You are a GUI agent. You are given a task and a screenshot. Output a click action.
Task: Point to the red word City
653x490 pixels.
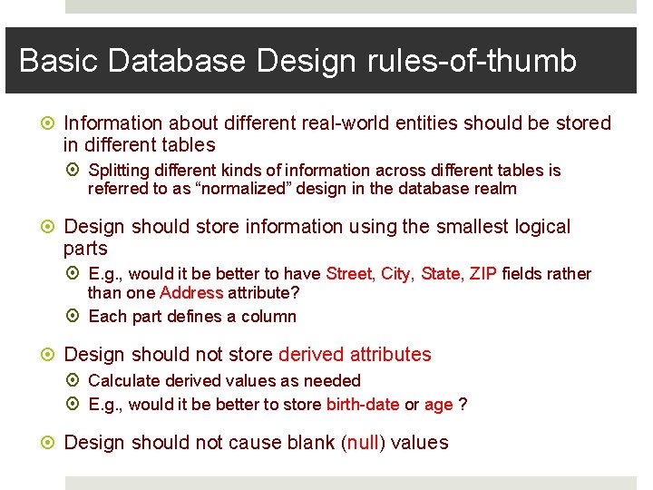395,274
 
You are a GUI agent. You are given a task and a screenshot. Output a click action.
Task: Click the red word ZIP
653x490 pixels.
482,274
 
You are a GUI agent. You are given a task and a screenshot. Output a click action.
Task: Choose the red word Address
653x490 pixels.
190,293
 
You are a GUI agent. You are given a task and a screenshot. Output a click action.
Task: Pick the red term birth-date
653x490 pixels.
363,405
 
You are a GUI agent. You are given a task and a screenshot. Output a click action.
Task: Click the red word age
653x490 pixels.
438,405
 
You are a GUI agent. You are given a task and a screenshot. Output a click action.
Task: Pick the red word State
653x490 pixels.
441,274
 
